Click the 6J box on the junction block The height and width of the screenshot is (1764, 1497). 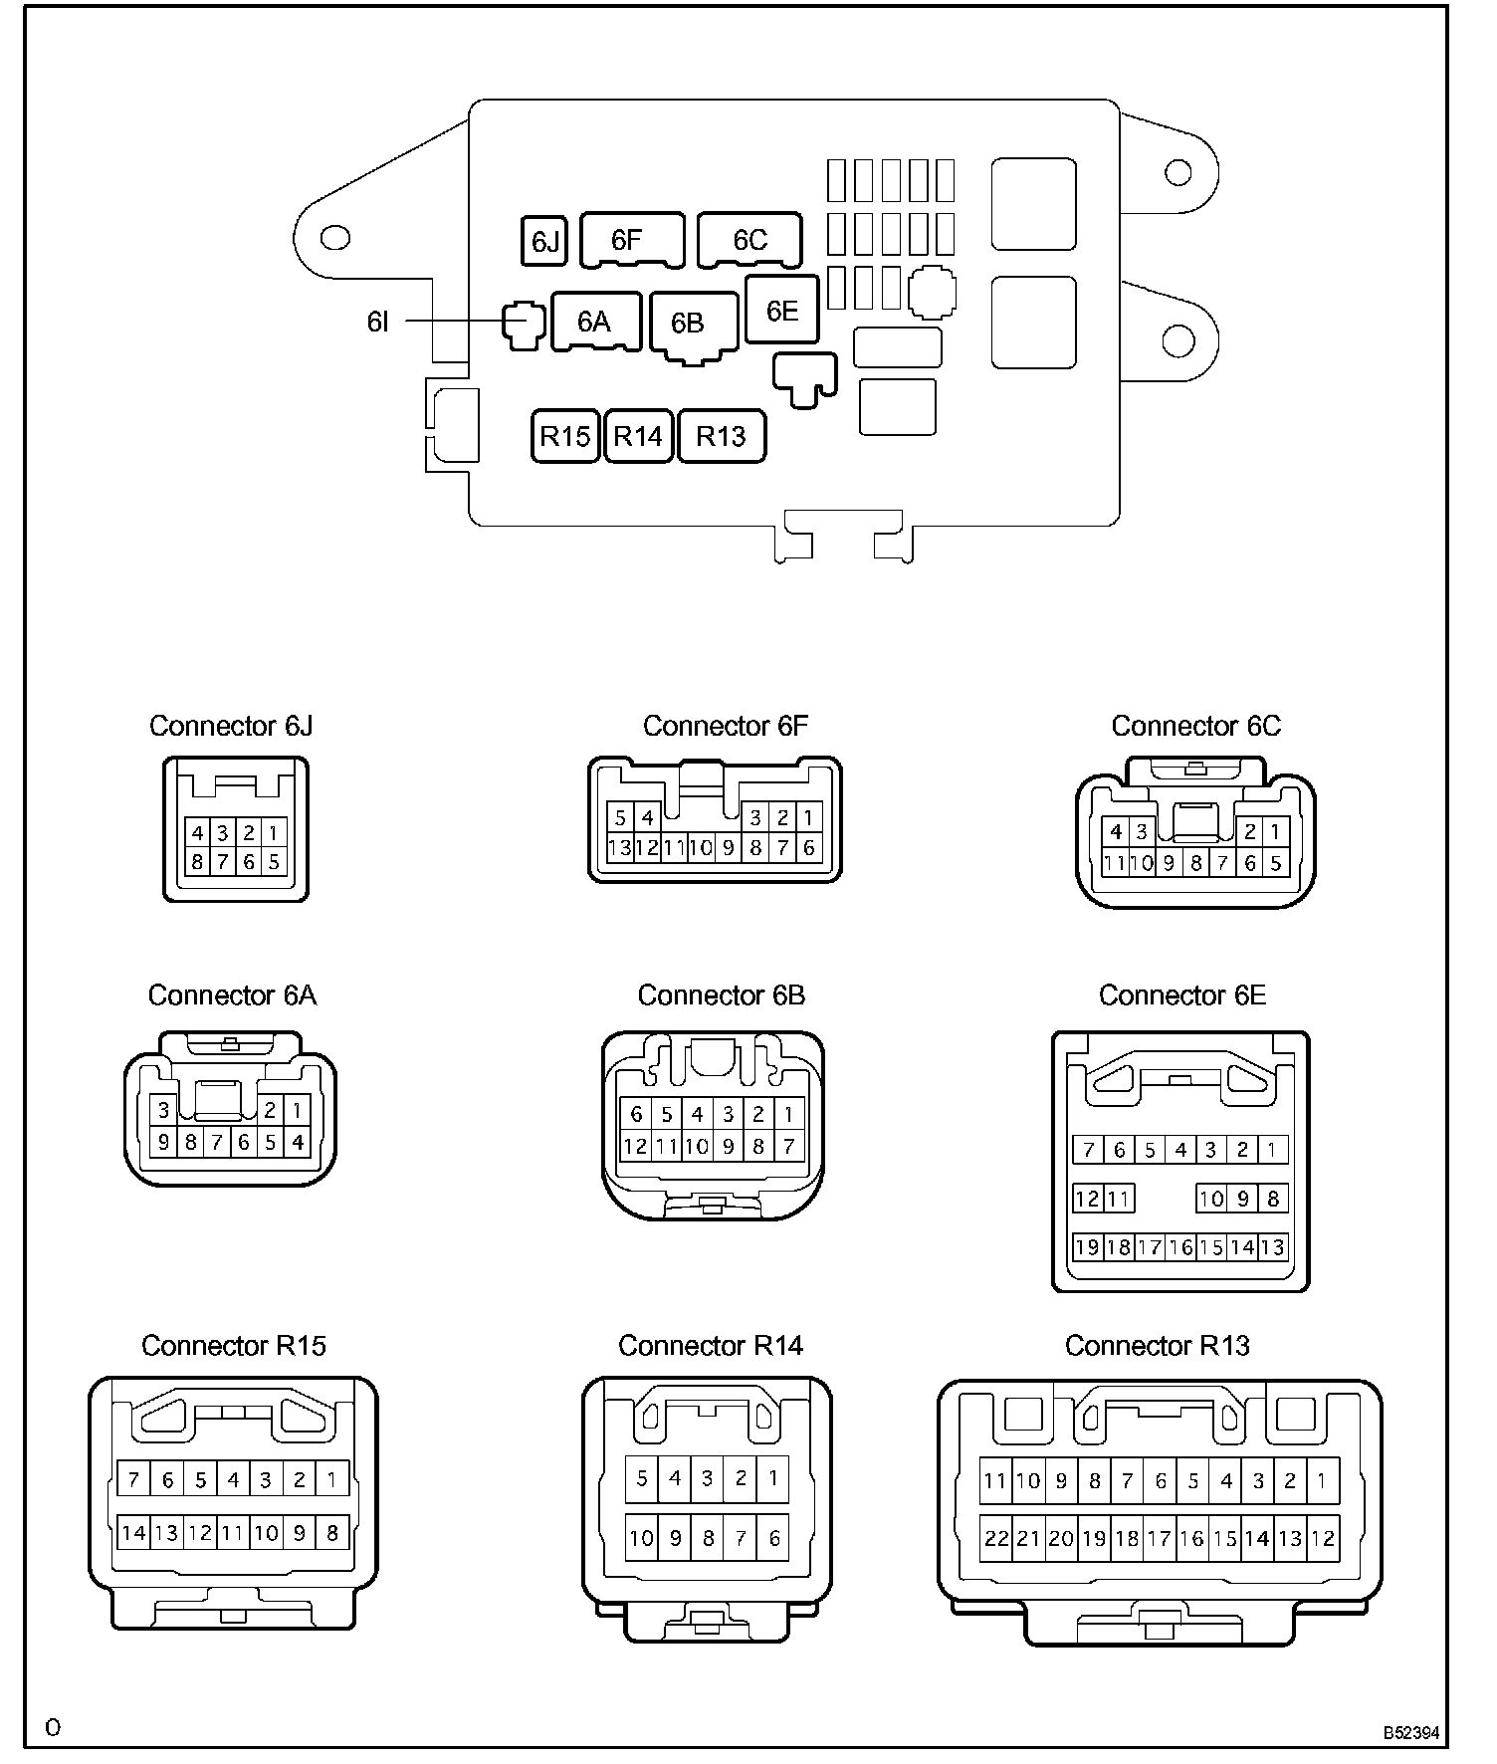pos(544,241)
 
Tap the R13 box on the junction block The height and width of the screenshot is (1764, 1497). pos(721,436)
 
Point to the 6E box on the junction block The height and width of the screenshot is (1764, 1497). pos(781,310)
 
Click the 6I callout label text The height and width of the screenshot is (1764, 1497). pos(378,322)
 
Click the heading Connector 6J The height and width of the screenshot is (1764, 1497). pos(231,726)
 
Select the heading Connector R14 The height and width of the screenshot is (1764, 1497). pos(710,1345)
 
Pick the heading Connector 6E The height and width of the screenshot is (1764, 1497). pos(1181,995)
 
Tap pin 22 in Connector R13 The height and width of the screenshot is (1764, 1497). pos(996,1538)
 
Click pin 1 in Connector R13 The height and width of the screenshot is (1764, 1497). pos(1322,1481)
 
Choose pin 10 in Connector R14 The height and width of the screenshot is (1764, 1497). pos(642,1538)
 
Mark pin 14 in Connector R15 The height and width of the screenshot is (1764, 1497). pos(133,1533)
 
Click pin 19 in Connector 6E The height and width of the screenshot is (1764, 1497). pos(1087,1246)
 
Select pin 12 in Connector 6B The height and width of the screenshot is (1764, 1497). pos(635,1146)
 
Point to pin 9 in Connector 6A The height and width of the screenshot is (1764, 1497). pos(164,1143)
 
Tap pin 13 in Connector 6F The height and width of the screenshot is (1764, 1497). pos(619,848)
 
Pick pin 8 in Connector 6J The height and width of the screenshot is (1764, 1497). pos(197,861)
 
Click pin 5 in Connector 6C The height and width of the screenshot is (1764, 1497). pos(1276,863)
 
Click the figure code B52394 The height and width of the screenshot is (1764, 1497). pos(1410,1733)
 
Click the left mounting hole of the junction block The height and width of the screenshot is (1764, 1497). pos(335,238)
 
